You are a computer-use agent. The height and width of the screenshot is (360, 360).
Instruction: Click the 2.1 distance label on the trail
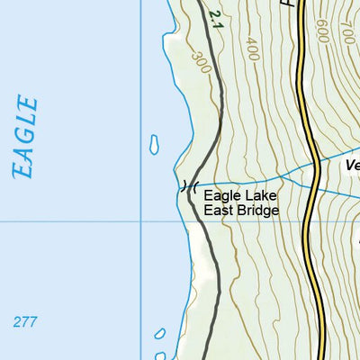pyautogui.click(x=213, y=17)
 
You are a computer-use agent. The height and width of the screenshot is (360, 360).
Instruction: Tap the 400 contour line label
pyautogui.click(x=251, y=47)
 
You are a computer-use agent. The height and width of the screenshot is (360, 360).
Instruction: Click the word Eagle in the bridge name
pyautogui.click(x=220, y=195)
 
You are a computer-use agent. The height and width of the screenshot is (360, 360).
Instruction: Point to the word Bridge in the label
pyautogui.click(x=258, y=211)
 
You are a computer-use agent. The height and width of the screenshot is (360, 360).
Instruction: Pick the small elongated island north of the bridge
pyautogui.click(x=155, y=143)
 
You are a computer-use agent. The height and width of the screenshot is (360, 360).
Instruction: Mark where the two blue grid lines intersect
pyautogui.click(x=141, y=221)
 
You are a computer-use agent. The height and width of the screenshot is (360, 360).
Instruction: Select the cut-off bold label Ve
pyautogui.click(x=352, y=166)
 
